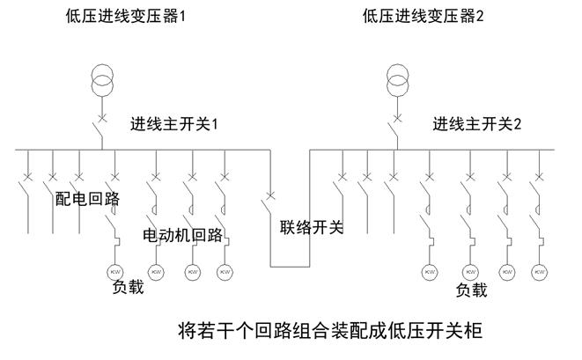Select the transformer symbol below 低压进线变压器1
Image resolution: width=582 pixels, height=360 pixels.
click(104, 82)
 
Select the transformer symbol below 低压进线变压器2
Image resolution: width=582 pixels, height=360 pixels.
click(399, 82)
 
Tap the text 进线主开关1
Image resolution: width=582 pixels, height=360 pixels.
click(173, 125)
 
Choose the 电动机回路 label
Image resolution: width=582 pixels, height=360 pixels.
click(182, 235)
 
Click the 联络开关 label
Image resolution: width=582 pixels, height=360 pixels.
click(312, 227)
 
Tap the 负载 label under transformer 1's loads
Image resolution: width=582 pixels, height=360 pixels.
click(127, 287)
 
